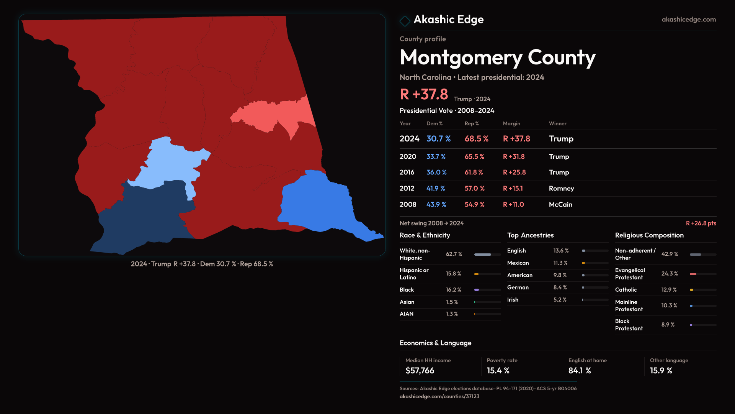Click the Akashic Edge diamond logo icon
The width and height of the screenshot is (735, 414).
(405, 21)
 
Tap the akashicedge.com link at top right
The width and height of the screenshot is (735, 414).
(688, 20)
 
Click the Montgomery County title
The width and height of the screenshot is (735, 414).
(497, 58)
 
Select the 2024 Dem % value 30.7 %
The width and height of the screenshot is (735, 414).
(438, 139)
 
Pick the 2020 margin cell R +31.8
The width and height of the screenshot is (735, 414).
(514, 157)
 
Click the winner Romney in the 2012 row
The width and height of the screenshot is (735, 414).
(561, 189)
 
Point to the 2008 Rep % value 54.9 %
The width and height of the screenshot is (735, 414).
(474, 205)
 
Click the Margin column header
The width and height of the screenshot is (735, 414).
(511, 123)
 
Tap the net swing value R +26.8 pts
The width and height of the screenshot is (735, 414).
(701, 223)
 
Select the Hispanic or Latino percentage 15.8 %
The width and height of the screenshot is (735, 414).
(453, 274)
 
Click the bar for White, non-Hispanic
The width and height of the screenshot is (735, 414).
(487, 255)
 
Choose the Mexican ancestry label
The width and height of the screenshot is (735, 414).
(518, 263)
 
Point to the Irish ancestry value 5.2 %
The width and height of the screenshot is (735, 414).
(560, 300)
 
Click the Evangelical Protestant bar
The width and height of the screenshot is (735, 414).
(702, 274)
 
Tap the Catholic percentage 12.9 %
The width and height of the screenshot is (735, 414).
(669, 290)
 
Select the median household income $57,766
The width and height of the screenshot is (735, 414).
(420, 371)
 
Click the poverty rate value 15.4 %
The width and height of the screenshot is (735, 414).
(498, 371)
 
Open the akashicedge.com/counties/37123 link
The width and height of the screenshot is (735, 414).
(439, 396)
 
